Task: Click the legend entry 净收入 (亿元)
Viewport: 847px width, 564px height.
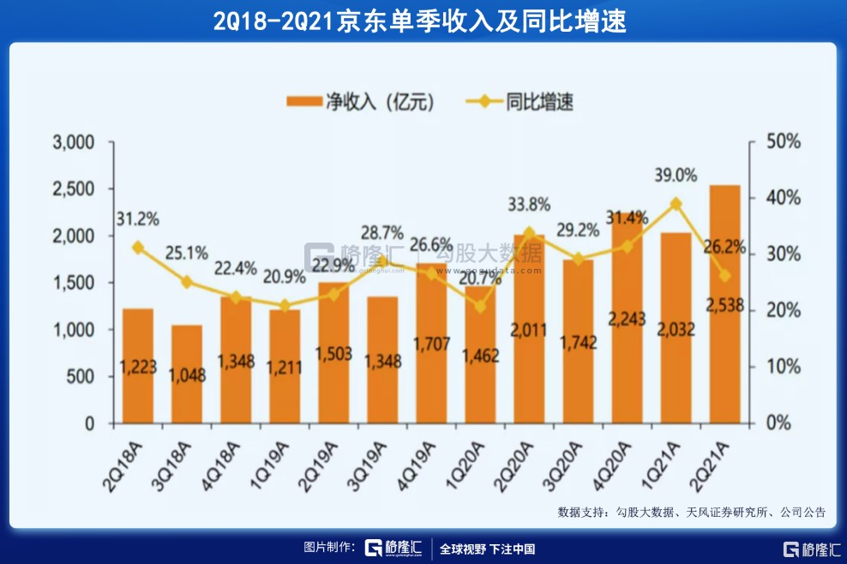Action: click(360, 102)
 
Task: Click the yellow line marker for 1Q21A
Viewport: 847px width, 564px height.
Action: click(676, 204)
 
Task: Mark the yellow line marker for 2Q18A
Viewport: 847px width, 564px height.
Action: click(137, 248)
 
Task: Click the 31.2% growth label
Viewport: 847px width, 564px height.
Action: click(138, 219)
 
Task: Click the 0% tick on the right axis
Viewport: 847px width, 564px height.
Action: click(776, 423)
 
